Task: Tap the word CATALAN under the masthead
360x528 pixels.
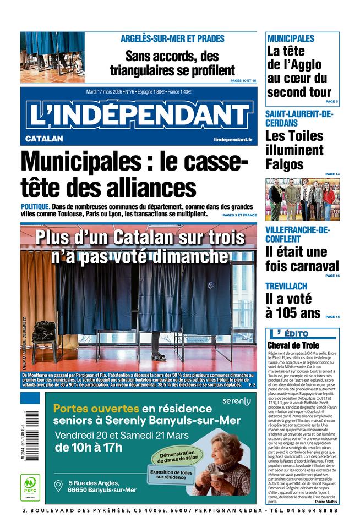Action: coord(44,139)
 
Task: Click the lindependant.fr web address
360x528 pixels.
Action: coord(233,140)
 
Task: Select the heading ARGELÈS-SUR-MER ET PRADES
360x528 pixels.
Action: coord(172,38)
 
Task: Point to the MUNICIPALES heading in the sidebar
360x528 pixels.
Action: coord(290,38)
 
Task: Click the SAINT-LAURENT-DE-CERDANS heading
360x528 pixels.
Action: coord(299,119)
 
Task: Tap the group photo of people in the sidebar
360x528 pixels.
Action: coord(302,199)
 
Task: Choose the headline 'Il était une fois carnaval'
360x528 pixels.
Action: coord(302,259)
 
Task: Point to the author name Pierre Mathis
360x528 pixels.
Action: coord(325,501)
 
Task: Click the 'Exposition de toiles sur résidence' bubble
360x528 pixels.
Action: coord(171,474)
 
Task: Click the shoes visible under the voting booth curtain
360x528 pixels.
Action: coord(159,356)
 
